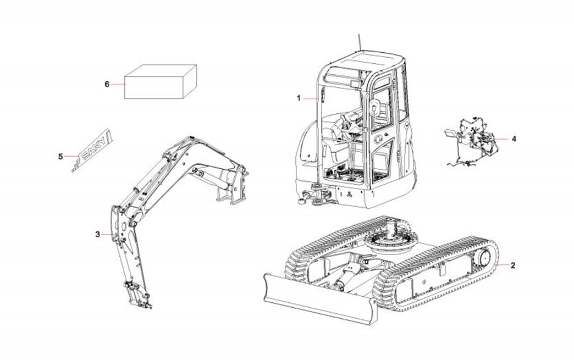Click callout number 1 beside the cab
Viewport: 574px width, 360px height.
pos(299,98)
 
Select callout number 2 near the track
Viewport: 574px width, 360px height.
pos(513,265)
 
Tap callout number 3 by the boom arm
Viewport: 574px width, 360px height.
pos(97,235)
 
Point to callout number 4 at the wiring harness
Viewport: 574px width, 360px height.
pos(514,139)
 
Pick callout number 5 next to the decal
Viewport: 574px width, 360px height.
pos(60,157)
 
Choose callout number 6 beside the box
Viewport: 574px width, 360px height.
pos(107,84)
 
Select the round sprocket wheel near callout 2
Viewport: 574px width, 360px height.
pos(484,259)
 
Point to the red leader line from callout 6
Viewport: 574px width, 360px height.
pos(118,84)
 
